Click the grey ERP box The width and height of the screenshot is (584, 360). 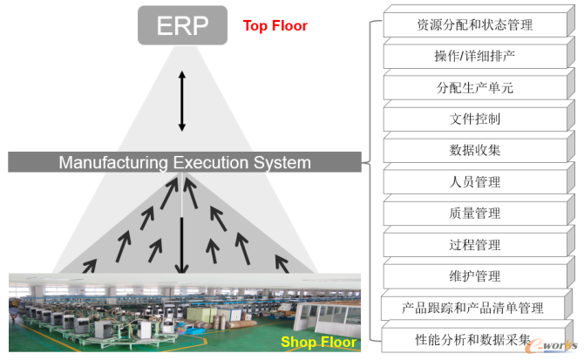point(182,25)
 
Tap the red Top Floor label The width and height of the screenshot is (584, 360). point(275,25)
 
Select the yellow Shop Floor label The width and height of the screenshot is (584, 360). point(318,342)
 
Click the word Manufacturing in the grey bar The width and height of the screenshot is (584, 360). point(113,163)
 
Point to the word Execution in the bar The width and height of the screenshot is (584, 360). point(211,163)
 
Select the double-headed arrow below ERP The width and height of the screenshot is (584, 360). point(182,101)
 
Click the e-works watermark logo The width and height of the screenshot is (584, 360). point(551,345)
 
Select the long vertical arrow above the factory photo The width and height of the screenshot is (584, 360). point(182,245)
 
